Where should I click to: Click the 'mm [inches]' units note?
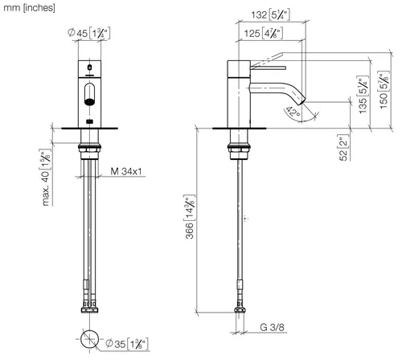tap(29, 8)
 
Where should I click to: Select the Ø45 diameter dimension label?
tap(89, 33)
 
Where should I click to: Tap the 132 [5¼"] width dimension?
tap(270, 14)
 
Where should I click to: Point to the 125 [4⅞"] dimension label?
tap(263, 33)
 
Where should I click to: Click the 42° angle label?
tap(293, 112)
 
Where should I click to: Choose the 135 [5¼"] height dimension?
tap(363, 95)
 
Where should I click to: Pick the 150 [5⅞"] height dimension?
tap(384, 90)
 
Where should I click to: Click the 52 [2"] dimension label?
tap(343, 148)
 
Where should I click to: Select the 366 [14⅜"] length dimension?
tap(190, 217)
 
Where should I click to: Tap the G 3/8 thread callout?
tap(272, 327)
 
